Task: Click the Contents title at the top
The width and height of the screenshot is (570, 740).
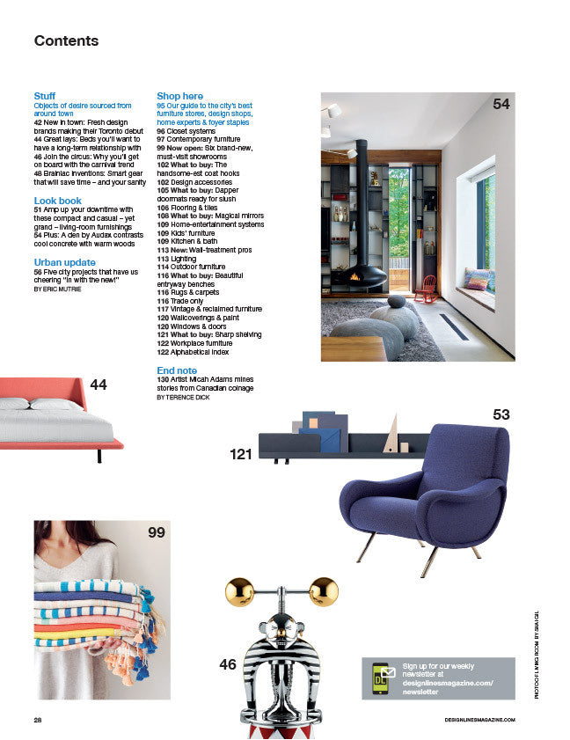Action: [x=66, y=41]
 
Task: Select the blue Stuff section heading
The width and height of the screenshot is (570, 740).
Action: [x=44, y=96]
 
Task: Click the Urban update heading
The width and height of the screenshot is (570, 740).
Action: [x=64, y=262]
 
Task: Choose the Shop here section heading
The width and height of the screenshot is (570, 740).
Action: [x=179, y=96]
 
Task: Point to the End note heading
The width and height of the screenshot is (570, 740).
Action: [x=177, y=370]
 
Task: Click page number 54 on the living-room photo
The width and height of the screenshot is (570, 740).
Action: [x=501, y=104]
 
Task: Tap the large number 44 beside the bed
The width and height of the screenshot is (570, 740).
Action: [x=99, y=385]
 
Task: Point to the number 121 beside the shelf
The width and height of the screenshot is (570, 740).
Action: [x=241, y=455]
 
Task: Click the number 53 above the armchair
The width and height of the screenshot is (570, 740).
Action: [x=501, y=414]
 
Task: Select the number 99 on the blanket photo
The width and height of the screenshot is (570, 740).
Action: [x=157, y=532]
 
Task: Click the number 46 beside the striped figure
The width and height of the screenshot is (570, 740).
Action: [x=228, y=664]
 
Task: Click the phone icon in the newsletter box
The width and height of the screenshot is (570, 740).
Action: [x=382, y=678]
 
